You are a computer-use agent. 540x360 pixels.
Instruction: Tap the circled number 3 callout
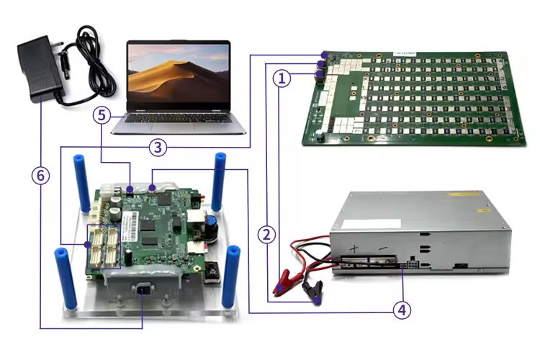[159, 147]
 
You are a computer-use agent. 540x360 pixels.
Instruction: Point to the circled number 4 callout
[402, 310]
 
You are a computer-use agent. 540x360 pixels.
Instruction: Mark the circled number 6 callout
[41, 174]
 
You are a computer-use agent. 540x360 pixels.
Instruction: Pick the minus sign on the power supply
[384, 248]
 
